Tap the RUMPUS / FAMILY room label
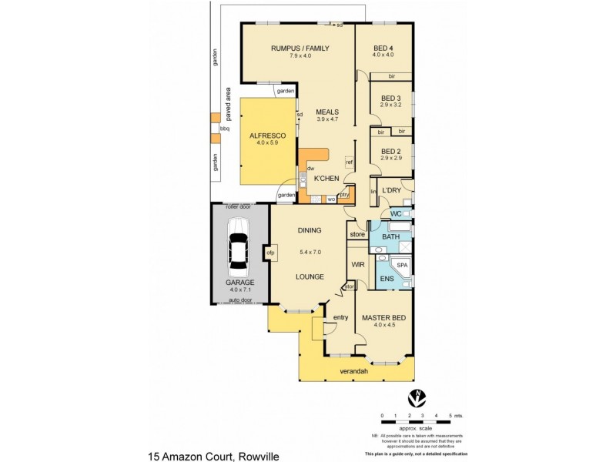[x=300, y=49]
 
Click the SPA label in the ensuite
[x=402, y=266]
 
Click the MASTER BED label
[x=383, y=316]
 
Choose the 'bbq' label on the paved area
[x=225, y=129]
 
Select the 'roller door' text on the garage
[x=239, y=207]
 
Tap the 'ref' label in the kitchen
[x=349, y=162]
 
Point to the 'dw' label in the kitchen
[x=310, y=168]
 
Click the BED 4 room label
[x=383, y=48]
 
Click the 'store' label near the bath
[x=357, y=234]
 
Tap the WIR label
[x=357, y=264]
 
